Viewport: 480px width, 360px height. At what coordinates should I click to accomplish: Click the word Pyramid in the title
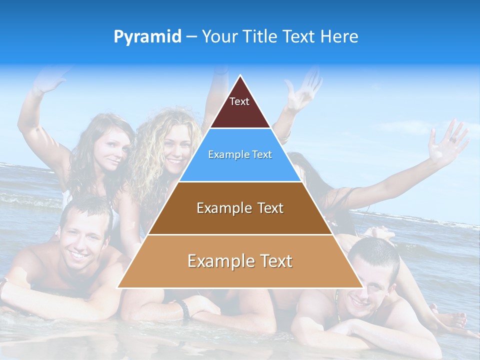click(x=147, y=37)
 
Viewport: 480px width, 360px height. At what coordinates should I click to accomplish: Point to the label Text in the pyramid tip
click(x=239, y=101)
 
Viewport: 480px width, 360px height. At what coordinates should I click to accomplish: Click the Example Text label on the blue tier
click(x=240, y=154)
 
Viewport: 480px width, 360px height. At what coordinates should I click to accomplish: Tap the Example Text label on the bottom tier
click(x=240, y=261)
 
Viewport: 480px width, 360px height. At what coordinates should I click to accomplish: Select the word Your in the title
click(x=219, y=36)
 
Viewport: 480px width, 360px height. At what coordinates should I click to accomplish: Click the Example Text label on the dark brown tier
click(x=240, y=208)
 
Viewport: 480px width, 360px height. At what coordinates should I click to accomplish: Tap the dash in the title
click(x=191, y=37)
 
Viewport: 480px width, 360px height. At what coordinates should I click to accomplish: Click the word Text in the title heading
click(x=299, y=36)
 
